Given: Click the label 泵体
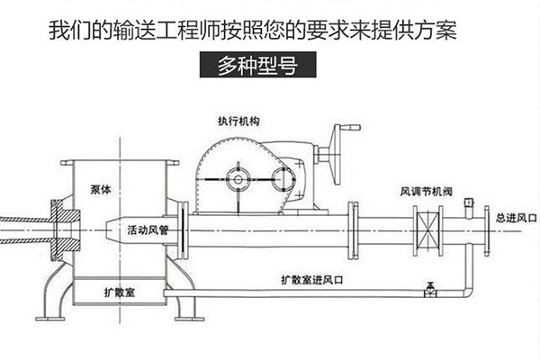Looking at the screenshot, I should click(x=102, y=190).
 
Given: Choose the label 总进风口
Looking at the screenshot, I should click(x=515, y=219).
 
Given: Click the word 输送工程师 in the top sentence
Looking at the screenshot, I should click(x=160, y=31).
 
